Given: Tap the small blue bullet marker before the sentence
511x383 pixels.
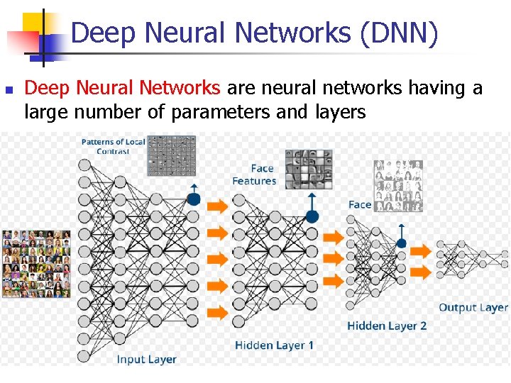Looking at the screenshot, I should [x=8, y=90].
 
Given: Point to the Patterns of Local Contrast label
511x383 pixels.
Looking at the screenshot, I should [x=113, y=146].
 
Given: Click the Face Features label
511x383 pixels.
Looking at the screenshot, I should [x=254, y=174].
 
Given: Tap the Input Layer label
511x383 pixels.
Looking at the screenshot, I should [x=146, y=360].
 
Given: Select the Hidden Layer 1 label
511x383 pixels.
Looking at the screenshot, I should [x=274, y=345].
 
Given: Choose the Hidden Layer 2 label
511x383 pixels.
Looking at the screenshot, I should [x=387, y=326].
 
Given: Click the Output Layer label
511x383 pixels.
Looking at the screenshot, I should [x=473, y=307].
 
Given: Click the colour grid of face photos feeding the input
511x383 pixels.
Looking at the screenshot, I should [x=36, y=263].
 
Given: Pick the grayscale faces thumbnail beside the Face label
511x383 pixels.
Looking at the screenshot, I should [x=397, y=186].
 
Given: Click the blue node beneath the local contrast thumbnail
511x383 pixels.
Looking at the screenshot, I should [x=194, y=199].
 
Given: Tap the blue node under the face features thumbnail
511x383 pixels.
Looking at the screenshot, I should [x=312, y=216].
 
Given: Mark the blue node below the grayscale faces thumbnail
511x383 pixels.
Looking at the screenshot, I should [x=402, y=243].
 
